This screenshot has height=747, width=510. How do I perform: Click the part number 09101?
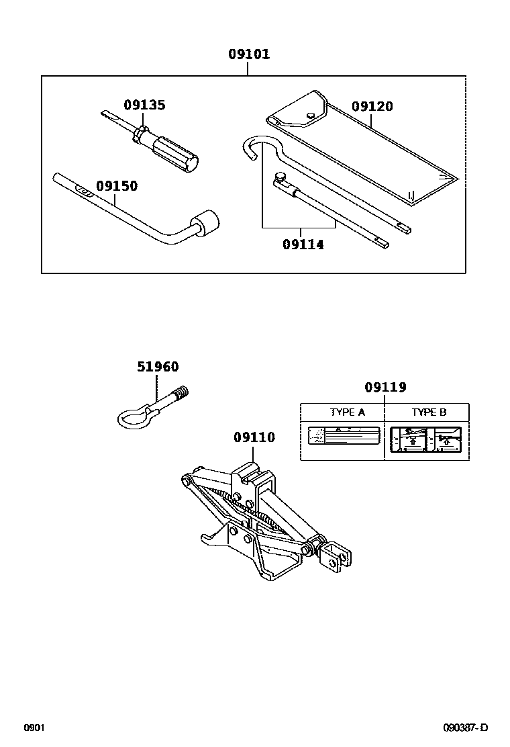(248, 54)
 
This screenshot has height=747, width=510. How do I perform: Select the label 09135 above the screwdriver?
(144, 105)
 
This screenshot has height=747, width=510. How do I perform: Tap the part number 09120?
(372, 106)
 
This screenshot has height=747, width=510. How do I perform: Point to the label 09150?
(116, 186)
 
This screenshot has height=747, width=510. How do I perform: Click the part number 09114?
(303, 245)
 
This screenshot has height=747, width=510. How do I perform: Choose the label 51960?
(158, 367)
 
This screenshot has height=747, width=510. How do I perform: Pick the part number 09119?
(385, 388)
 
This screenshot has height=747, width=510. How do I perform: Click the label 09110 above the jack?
(254, 437)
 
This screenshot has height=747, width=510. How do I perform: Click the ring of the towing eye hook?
(134, 417)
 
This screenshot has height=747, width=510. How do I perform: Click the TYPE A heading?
(347, 412)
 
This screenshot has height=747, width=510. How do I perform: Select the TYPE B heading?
(429, 412)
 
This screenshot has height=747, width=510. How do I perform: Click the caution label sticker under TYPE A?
(343, 436)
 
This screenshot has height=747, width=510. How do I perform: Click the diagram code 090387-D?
(465, 728)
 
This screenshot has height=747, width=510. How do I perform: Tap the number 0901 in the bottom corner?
(34, 728)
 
